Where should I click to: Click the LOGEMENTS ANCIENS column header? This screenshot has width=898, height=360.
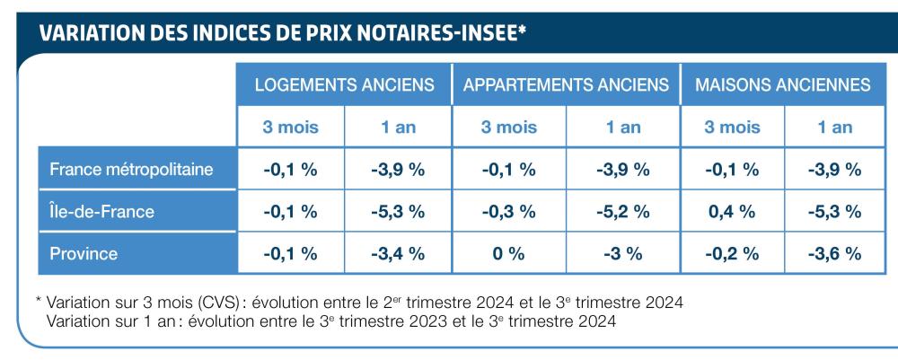[x=345, y=85]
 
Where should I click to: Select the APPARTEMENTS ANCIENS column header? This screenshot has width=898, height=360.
[x=566, y=85]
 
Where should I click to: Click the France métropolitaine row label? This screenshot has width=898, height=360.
[x=131, y=170]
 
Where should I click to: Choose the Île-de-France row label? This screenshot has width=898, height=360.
[x=101, y=212]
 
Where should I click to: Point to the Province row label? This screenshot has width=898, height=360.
[x=84, y=253]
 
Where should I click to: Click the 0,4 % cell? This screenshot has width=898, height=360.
[x=732, y=212]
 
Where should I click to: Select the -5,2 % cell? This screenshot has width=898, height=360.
[x=622, y=212]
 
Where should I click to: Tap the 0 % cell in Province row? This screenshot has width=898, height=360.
[x=509, y=253]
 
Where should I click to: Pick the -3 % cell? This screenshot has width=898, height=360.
[x=622, y=253]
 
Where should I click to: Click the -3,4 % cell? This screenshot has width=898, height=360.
[x=398, y=253]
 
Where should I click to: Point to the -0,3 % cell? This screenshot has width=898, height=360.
[x=509, y=212]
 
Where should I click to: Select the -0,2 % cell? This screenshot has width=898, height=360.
[x=732, y=253]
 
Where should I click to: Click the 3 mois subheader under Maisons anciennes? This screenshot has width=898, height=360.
[x=732, y=127]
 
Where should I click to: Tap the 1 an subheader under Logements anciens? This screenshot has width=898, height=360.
[x=398, y=127]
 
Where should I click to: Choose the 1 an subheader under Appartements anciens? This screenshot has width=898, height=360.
[x=622, y=127]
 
